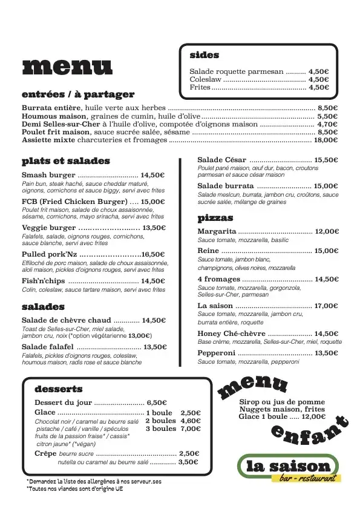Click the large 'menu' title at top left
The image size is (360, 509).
tap(67, 68)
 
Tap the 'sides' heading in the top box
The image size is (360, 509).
tap(205, 55)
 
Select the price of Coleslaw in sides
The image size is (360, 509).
tap(318, 79)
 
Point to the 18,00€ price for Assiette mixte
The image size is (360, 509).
tap(326, 140)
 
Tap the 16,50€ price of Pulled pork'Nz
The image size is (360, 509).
tap(153, 255)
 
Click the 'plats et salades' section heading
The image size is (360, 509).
tap(66, 161)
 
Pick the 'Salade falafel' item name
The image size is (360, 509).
tap(47, 347)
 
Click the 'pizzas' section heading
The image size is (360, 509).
tap(215, 218)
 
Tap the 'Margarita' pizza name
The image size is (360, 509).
tap(217, 231)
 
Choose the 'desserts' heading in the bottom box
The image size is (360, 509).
tap(59, 389)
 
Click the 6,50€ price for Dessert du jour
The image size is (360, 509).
tap(156, 402)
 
